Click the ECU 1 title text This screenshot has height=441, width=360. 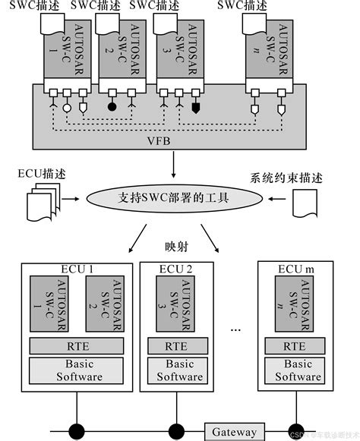[76, 269]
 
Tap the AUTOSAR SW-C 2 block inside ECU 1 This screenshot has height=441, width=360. [103, 304]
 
